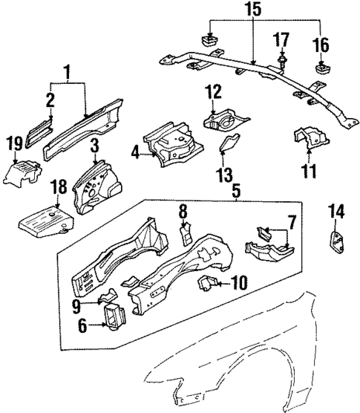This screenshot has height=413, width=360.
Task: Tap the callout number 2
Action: click(x=50, y=100)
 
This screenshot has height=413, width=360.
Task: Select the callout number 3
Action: click(x=96, y=144)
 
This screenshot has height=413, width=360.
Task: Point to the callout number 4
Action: click(x=135, y=154)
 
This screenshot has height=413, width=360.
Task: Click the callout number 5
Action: click(x=237, y=190)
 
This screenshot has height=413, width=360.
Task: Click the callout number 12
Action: click(x=214, y=93)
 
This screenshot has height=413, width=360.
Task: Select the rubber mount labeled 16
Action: click(x=322, y=71)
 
